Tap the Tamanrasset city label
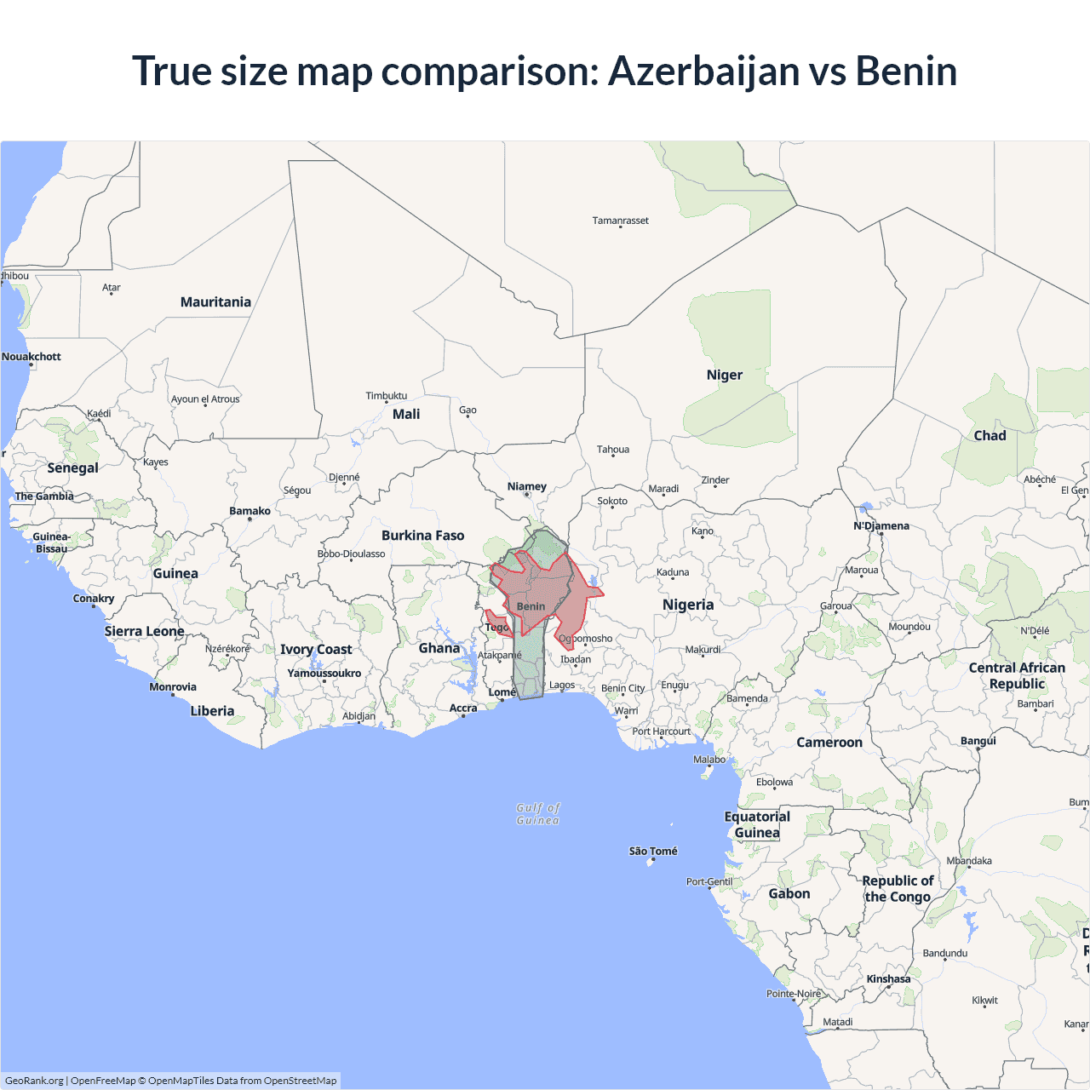point(620,221)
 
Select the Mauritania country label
point(215,302)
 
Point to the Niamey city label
point(526,487)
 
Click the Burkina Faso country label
point(422,536)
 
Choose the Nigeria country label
point(688,605)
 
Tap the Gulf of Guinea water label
point(538,814)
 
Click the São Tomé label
point(653,851)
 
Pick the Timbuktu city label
point(386,396)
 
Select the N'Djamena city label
point(881,525)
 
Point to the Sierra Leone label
point(144,631)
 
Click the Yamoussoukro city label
point(324,673)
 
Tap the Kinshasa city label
point(888,978)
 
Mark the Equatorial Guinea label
point(757,824)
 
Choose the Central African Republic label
point(1017,675)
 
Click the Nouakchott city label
point(32,357)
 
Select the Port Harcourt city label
point(661,731)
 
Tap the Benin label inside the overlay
point(531,606)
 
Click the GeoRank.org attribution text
point(34,1081)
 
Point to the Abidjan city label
point(359,716)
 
